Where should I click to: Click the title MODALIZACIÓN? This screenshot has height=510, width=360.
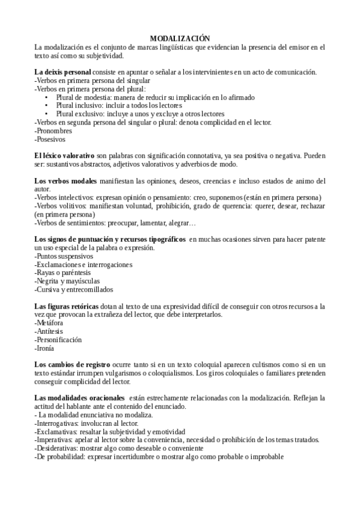[x=180, y=38]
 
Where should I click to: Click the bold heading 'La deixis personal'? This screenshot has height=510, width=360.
[x=63, y=72]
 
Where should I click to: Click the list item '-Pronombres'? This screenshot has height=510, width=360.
[x=53, y=131]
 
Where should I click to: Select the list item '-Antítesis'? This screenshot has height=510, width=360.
[x=49, y=331]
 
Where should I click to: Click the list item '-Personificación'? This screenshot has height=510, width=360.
[x=58, y=340]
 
